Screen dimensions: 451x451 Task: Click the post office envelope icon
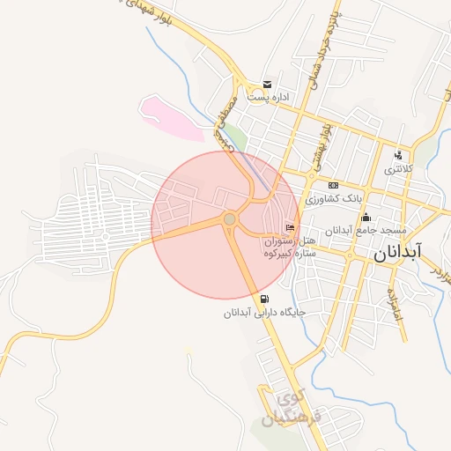click(x=265, y=85)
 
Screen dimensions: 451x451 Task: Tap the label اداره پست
click(x=268, y=98)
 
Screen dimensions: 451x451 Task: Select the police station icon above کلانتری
click(x=398, y=155)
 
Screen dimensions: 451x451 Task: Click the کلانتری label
click(x=397, y=168)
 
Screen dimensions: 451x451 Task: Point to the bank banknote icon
click(x=333, y=185)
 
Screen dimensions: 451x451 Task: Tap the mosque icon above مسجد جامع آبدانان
click(x=366, y=218)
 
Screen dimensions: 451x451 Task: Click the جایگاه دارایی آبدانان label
click(x=263, y=312)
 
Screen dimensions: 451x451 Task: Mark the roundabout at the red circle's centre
click(x=229, y=218)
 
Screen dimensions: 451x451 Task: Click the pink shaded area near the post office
click(x=172, y=117)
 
